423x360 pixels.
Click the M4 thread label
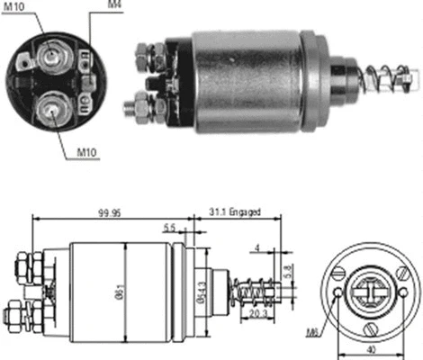pos(114,6)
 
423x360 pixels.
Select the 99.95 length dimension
pos(111,213)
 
